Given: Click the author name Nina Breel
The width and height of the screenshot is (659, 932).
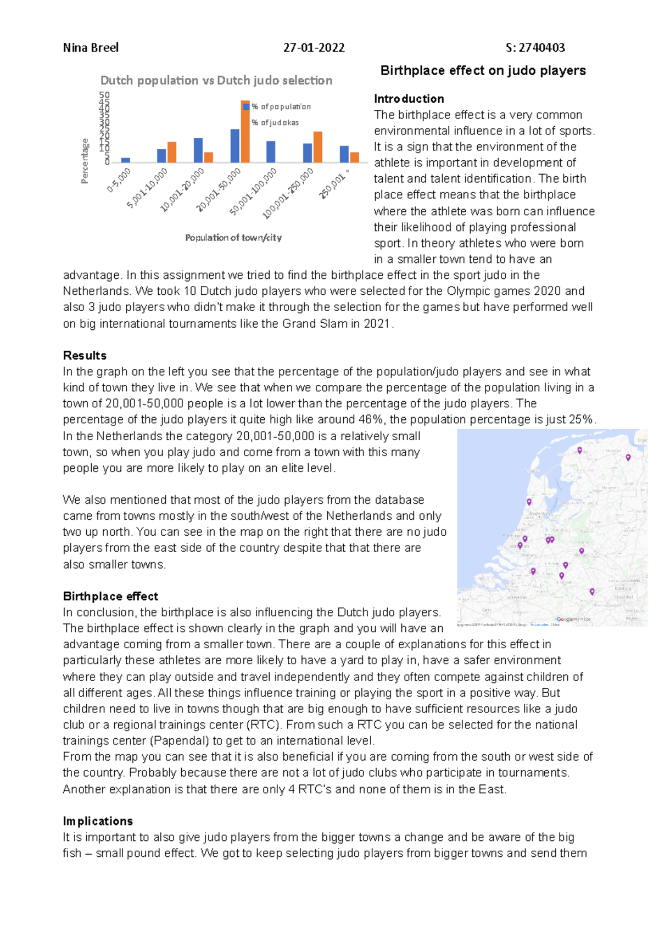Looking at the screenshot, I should tap(91, 48).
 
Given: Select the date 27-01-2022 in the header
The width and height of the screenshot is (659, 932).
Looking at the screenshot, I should tap(314, 48).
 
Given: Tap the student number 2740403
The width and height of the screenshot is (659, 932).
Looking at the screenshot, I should tap(541, 48).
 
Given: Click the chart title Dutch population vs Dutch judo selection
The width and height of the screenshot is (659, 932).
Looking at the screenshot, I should tap(216, 81).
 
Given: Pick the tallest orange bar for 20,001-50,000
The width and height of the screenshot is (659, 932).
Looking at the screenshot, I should tap(245, 132).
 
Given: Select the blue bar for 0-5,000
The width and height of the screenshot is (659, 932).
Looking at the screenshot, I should tap(126, 160).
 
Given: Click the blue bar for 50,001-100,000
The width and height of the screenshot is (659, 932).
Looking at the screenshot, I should tap(271, 152).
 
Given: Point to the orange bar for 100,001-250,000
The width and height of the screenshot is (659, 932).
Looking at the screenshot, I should tap(318, 147).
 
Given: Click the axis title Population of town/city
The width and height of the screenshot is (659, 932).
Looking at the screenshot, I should tap(233, 238).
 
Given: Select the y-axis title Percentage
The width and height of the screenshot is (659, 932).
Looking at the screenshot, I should tap(85, 161).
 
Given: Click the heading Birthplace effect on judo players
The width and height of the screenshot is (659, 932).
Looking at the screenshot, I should tap(483, 71).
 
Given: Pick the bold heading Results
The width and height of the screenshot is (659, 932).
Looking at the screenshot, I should tap(85, 355).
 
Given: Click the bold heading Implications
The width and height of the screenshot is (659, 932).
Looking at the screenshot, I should tap(98, 821).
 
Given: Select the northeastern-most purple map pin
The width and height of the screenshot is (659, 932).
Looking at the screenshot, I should tap(628, 457).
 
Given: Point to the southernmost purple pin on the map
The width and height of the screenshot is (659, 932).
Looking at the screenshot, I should tap(592, 591).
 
